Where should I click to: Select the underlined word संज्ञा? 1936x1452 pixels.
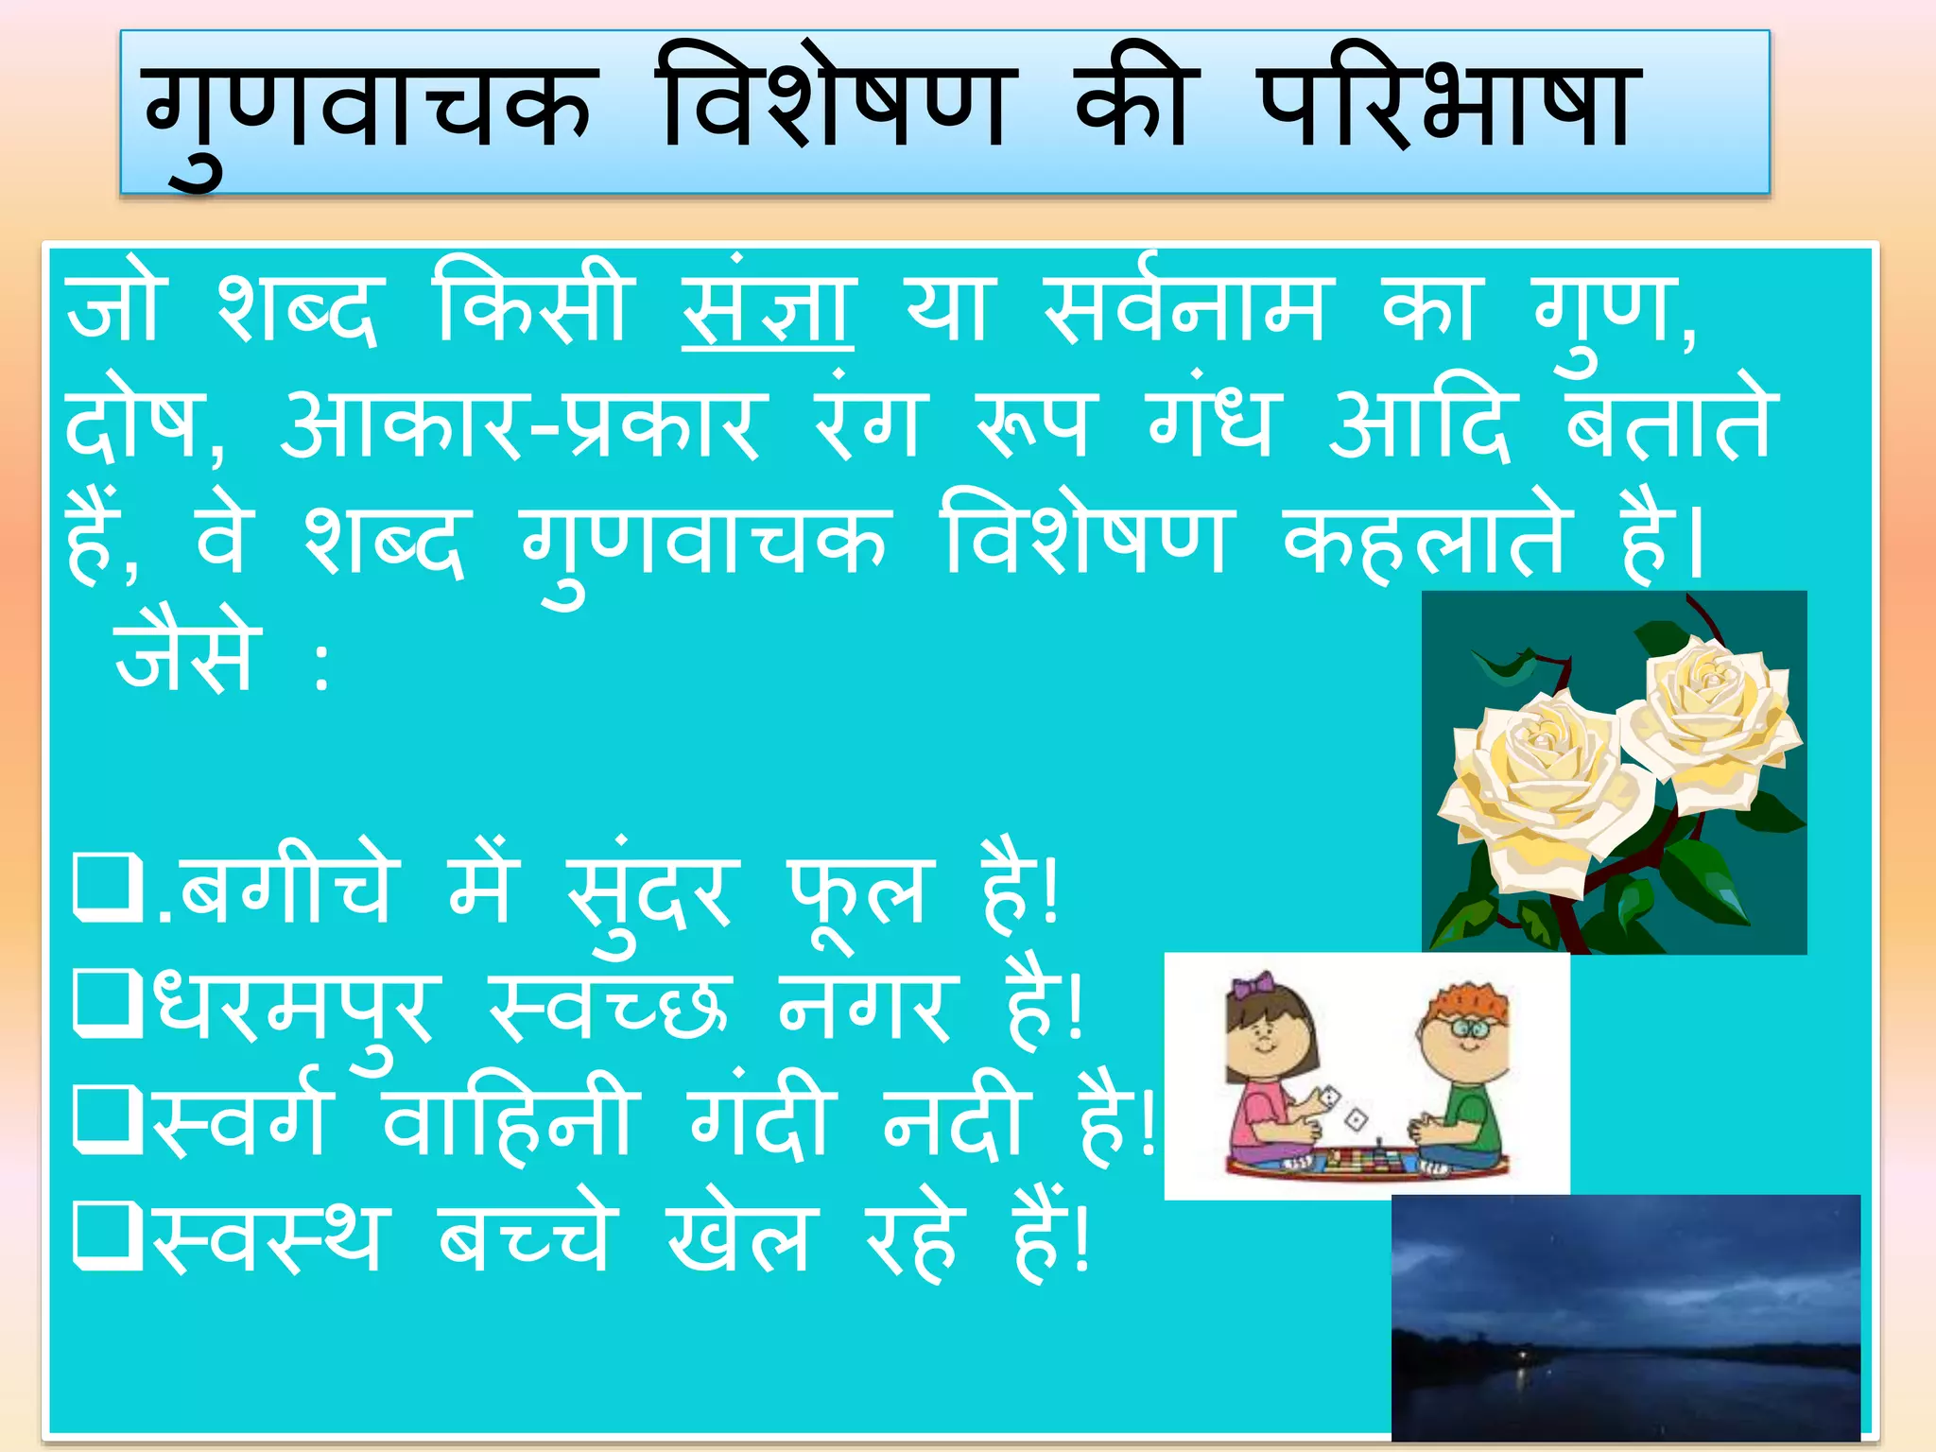click(768, 308)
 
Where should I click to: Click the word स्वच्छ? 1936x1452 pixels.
click(611, 1008)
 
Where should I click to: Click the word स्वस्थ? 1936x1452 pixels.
click(268, 1238)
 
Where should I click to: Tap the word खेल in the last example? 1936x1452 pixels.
click(737, 1238)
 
